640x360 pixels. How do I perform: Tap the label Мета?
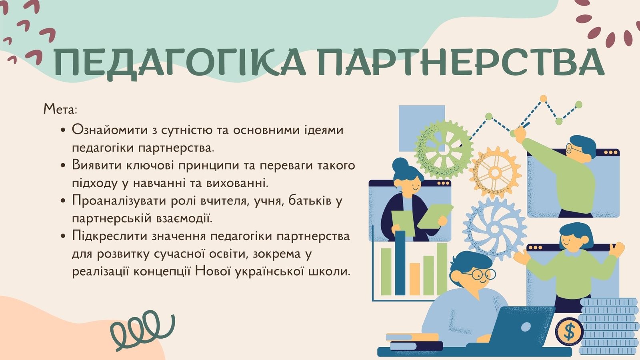(60, 110)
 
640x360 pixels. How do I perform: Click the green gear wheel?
(444, 149)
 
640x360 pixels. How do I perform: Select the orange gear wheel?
(495, 172)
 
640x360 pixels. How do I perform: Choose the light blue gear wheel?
(495, 228)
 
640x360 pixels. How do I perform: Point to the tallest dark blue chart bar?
(400, 263)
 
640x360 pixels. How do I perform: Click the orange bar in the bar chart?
(414, 279)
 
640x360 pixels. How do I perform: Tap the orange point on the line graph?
(543, 98)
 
